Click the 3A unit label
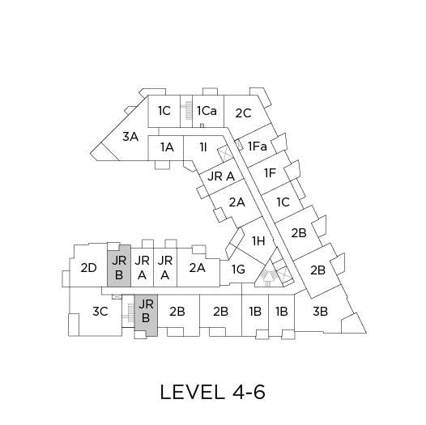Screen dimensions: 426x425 tap(130, 137)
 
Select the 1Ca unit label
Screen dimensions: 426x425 tap(207, 111)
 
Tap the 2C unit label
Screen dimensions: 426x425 tap(243, 113)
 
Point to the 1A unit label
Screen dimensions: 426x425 tap(167, 147)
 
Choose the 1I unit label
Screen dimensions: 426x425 tap(203, 147)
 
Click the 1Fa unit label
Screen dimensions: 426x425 tap(258, 147)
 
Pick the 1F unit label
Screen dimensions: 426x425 tap(270, 173)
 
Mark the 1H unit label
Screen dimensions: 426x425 tap(258, 241)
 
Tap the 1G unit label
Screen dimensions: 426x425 tap(238, 270)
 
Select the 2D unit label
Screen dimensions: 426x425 tap(88, 268)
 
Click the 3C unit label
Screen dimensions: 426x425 tap(100, 311)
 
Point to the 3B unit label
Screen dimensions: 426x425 tap(320, 311)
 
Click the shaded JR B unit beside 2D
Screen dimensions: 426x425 tap(119, 266)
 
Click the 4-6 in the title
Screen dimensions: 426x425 tap(249, 392)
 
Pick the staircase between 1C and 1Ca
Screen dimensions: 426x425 tap(186, 111)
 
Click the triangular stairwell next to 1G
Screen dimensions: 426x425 tap(267, 273)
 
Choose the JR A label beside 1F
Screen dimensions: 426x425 tap(221, 176)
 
